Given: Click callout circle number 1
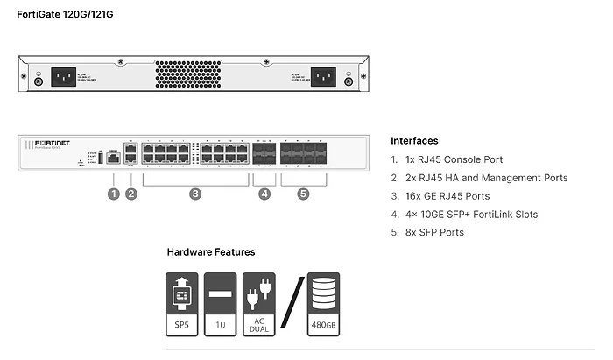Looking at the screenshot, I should pyautogui.click(x=113, y=194).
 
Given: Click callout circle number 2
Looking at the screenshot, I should pyautogui.click(x=131, y=194).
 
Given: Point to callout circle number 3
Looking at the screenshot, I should pyautogui.click(x=195, y=194).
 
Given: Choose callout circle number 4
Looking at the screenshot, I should pyautogui.click(x=264, y=194).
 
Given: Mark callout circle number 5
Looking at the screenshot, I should pyautogui.click(x=303, y=194).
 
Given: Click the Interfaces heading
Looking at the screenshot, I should pyautogui.click(x=414, y=140).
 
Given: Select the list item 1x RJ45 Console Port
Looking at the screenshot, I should pyautogui.click(x=453, y=159).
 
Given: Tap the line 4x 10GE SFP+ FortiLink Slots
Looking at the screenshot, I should pyautogui.click(x=470, y=215).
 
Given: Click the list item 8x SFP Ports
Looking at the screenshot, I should pyautogui.click(x=433, y=233).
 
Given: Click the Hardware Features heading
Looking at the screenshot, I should pyautogui.click(x=211, y=252).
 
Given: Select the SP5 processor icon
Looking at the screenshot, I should pyautogui.click(x=182, y=303).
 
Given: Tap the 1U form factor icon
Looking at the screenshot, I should pyautogui.click(x=220, y=303).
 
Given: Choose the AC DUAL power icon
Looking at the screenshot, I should pyautogui.click(x=259, y=303).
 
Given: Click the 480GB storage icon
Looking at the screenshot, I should pyautogui.click(x=323, y=303).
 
